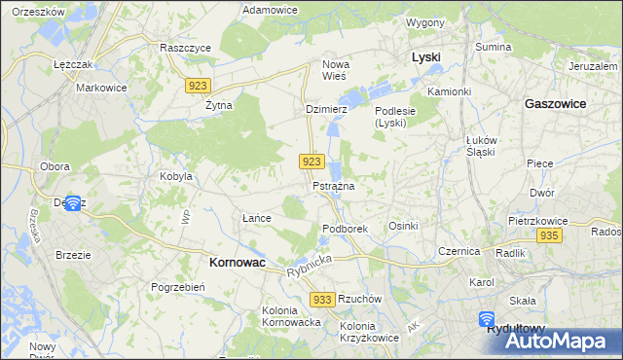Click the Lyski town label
(x=425, y=57)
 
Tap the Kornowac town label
(x=238, y=262)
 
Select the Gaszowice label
(x=555, y=102)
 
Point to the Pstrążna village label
(x=333, y=185)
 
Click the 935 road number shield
(x=549, y=236)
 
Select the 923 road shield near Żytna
(x=198, y=86)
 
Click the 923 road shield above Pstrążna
(x=311, y=162)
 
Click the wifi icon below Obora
(x=71, y=203)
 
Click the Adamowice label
(x=270, y=9)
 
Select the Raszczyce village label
(x=184, y=47)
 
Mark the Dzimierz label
(x=326, y=110)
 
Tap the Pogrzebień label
(x=177, y=287)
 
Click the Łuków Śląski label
(x=481, y=145)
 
